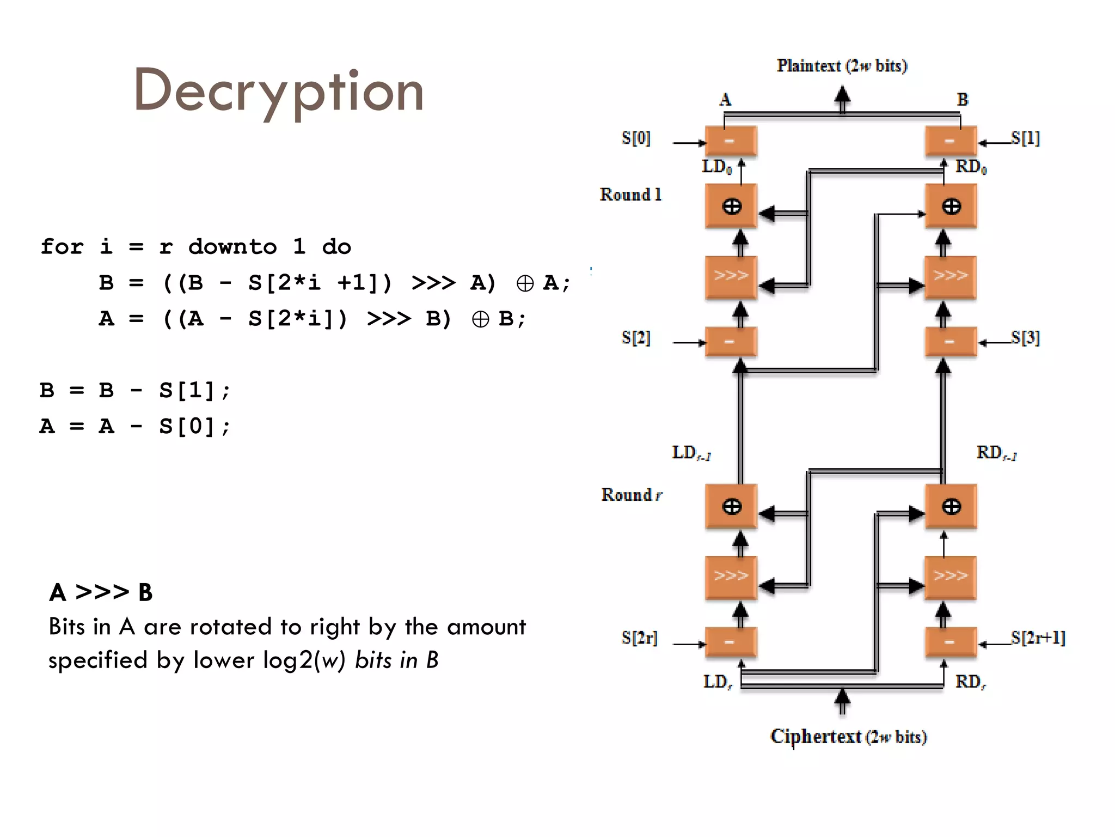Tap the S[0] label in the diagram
click(636, 138)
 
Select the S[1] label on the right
click(1025, 138)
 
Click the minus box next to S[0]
click(731, 141)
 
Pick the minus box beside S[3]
click(951, 342)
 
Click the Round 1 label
click(630, 195)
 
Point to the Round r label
click(632, 495)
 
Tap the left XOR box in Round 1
click(731, 206)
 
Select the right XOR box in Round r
click(951, 506)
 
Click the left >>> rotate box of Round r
click(731, 577)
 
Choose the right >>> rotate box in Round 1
click(951, 276)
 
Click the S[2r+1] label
click(1038, 638)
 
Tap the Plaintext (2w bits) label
click(842, 66)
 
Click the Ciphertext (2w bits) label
click(848, 737)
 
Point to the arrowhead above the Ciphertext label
click(842, 697)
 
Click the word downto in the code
click(232, 247)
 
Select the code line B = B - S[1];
click(135, 391)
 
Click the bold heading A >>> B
click(101, 592)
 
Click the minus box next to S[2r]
click(731, 642)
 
